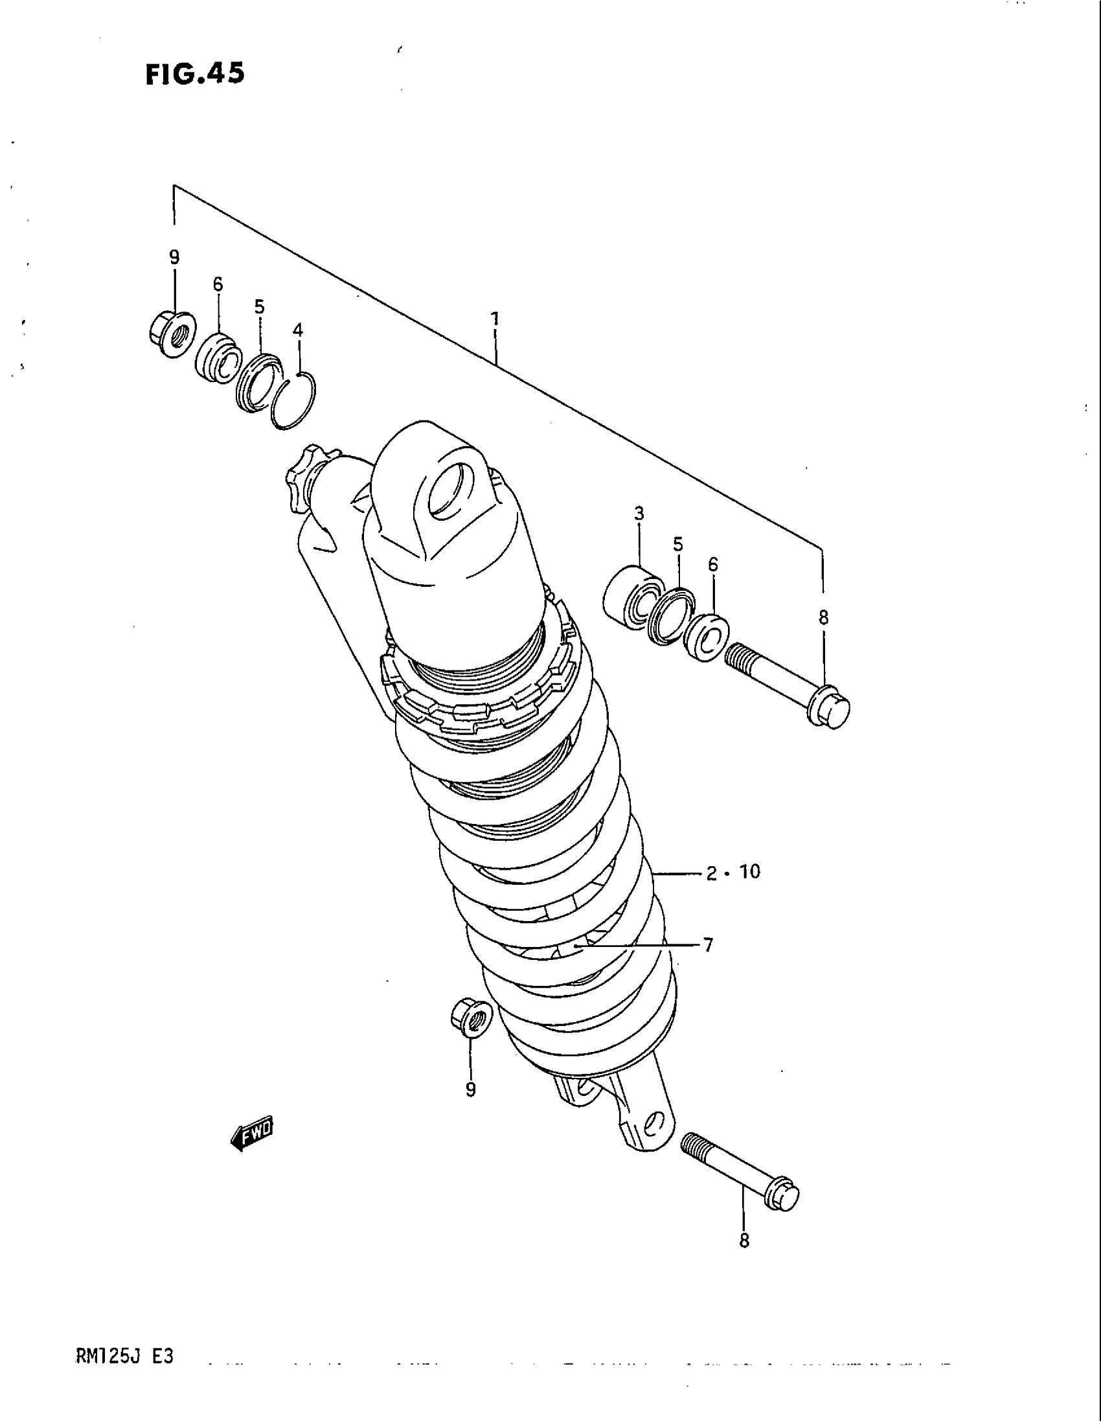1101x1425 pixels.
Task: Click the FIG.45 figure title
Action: [x=195, y=74]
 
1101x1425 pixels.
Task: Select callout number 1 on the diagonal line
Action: [x=495, y=319]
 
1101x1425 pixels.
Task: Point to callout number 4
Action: [x=297, y=331]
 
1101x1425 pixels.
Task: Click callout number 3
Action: [x=639, y=514]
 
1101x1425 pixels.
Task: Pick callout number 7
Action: [x=709, y=944]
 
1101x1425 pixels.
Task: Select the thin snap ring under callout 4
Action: [x=294, y=403]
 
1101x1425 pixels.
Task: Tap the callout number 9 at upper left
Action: [x=174, y=258]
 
